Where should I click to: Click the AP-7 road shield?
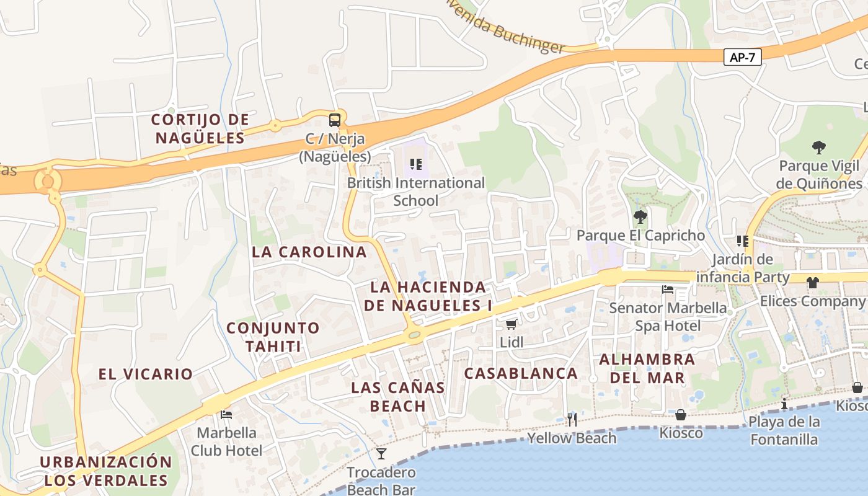tap(742, 57)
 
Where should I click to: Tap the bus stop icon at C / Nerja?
tap(335, 120)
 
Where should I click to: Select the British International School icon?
tap(415, 164)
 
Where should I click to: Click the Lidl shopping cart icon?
tap(511, 324)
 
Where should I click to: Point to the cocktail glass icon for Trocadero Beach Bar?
tap(381, 454)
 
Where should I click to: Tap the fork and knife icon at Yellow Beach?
tap(572, 420)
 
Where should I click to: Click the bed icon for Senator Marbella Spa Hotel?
tap(667, 290)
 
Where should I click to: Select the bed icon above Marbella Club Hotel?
tap(226, 414)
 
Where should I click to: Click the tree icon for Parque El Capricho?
tap(640, 217)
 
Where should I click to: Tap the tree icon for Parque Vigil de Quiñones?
tap(819, 148)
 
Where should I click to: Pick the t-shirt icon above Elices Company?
tap(812, 283)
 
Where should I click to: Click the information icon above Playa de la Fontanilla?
tap(784, 404)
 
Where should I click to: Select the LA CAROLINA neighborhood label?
tap(309, 252)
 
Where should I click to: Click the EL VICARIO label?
tap(146, 374)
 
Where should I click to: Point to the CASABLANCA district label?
tap(521, 373)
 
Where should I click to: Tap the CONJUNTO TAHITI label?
tap(273, 337)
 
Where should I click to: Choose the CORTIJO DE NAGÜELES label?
tap(200, 128)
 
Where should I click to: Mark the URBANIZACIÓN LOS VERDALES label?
tap(106, 471)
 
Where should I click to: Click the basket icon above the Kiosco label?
tap(681, 414)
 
